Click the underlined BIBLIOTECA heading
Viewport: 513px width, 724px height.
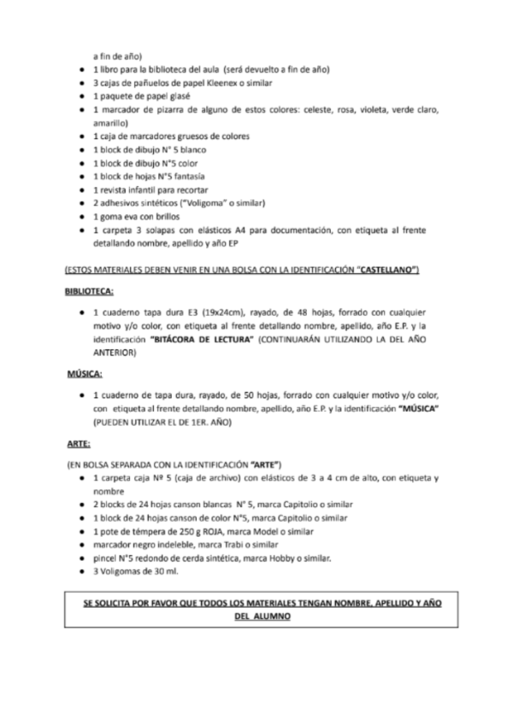click(90, 291)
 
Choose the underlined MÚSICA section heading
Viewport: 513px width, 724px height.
click(85, 374)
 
